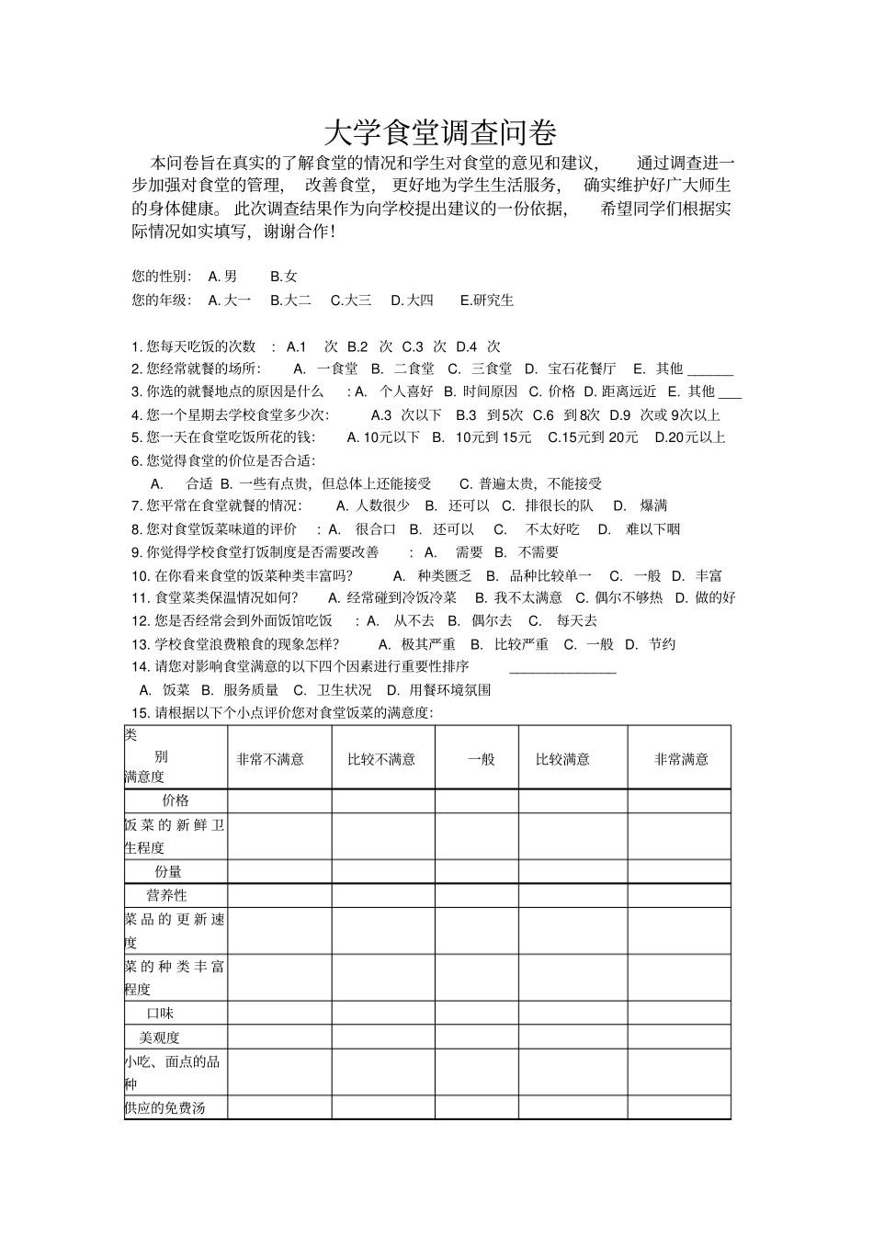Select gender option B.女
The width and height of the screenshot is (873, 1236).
(x=284, y=276)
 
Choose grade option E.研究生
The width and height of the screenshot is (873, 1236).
(x=487, y=300)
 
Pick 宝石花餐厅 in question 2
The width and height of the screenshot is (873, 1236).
(x=582, y=369)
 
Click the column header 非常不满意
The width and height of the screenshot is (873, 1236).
(x=270, y=759)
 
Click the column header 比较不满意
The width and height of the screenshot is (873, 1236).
(x=381, y=759)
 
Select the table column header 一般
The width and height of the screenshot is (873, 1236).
(x=481, y=759)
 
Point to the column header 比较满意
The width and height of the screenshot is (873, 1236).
(x=562, y=759)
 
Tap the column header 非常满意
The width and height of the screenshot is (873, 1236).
(x=681, y=759)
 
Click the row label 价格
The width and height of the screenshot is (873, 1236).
(x=176, y=800)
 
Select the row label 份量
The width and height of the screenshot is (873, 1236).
(x=168, y=871)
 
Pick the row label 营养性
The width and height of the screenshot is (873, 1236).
(x=167, y=895)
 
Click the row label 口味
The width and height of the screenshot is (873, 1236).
(x=161, y=1014)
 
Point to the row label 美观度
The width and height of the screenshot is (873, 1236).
(x=159, y=1038)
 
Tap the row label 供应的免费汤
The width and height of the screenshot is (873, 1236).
(x=164, y=1107)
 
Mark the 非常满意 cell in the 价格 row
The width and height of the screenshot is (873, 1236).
(x=679, y=800)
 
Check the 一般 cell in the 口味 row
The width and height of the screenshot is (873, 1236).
(x=477, y=1014)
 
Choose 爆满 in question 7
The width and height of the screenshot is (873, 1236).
(x=654, y=505)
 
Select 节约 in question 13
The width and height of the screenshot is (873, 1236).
(x=662, y=644)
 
